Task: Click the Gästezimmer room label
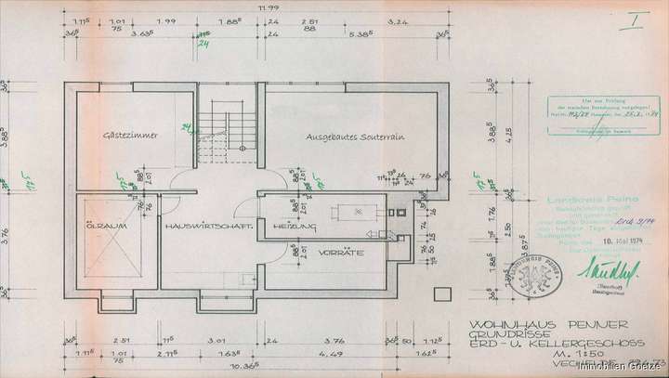pos(129,136)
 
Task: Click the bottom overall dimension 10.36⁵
pos(246,366)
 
